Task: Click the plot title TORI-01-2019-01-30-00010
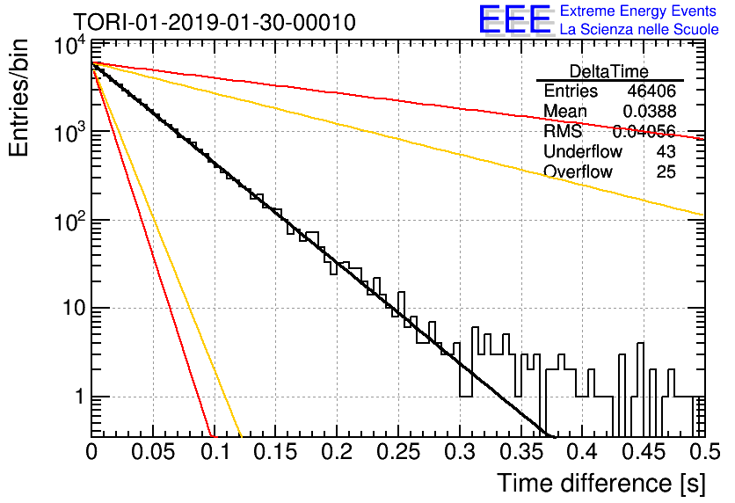[215, 23]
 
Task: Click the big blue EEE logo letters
[515, 19]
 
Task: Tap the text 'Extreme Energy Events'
[638, 11]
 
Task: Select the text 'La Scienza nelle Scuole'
[639, 30]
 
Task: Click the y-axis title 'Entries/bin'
[18, 98]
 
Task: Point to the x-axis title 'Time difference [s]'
[601, 484]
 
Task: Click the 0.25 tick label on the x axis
[397, 452]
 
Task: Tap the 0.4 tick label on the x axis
[581, 452]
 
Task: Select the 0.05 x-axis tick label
[153, 452]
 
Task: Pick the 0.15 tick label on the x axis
[275, 452]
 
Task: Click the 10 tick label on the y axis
[74, 309]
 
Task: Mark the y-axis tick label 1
[80, 397]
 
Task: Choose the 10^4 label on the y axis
[70, 46]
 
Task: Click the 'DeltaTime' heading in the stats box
[609, 71]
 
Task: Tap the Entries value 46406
[651, 91]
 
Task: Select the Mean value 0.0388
[649, 111]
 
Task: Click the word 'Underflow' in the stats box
[583, 151]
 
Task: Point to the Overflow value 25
[666, 171]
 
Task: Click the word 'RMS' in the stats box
[563, 131]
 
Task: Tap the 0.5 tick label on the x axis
[704, 452]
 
